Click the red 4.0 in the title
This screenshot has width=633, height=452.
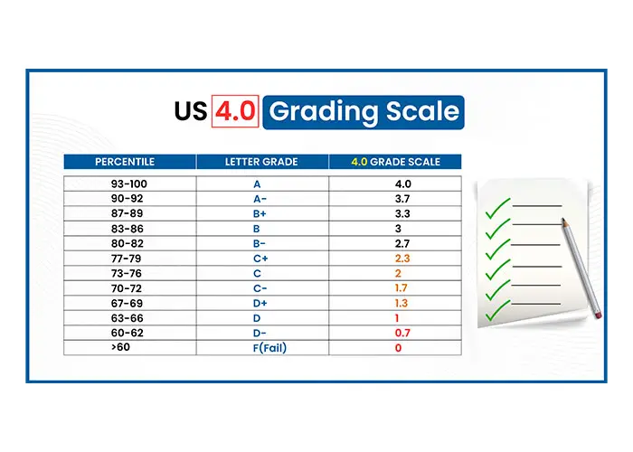pyautogui.click(x=235, y=111)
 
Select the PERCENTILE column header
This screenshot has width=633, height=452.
pyautogui.click(x=125, y=162)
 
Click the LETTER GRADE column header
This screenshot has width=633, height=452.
pyautogui.click(x=261, y=162)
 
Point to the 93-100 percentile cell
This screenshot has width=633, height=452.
pyautogui.click(x=129, y=184)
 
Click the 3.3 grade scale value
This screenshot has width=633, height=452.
pyautogui.click(x=402, y=214)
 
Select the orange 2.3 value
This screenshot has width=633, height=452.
pyautogui.click(x=402, y=259)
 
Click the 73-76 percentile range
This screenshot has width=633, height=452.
pyautogui.click(x=127, y=274)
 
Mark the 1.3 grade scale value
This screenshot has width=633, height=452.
pyautogui.click(x=402, y=303)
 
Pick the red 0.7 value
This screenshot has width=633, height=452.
pyautogui.click(x=402, y=333)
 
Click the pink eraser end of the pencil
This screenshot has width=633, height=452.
pyautogui.click(x=598, y=314)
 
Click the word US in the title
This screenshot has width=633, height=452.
pyautogui.click(x=191, y=111)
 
